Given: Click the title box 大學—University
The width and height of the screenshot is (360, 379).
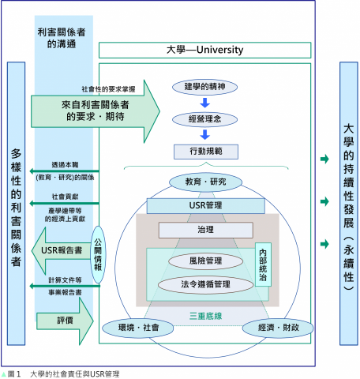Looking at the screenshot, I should pyautogui.click(x=204, y=50).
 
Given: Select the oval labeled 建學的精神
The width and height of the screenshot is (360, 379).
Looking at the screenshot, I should pyautogui.click(x=204, y=85).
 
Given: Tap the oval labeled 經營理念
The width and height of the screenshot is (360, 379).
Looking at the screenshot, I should pyautogui.click(x=204, y=118).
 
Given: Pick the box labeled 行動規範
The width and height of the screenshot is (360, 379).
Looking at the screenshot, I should pyautogui.click(x=204, y=151).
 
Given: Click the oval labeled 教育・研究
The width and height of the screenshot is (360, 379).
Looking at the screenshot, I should pyautogui.click(x=204, y=182).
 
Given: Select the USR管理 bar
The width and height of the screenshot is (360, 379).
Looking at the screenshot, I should pyautogui.click(x=204, y=206).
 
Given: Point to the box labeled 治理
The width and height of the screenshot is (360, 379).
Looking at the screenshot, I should pyautogui.click(x=204, y=231).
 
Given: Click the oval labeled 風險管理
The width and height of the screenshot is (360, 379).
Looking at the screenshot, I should pyautogui.click(x=204, y=260).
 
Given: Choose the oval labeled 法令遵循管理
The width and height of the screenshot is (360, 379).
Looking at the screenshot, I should pyautogui.click(x=204, y=283).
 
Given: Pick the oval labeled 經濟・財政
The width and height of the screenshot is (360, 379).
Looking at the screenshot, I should pyautogui.click(x=272, y=326).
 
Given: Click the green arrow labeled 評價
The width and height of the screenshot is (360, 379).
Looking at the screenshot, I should pyautogui.click(x=61, y=321).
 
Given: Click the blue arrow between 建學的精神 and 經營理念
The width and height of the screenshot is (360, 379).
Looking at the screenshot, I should pyautogui.click(x=204, y=102).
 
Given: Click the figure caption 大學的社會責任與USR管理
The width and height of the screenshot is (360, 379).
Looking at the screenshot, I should pyautogui.click(x=74, y=373).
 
